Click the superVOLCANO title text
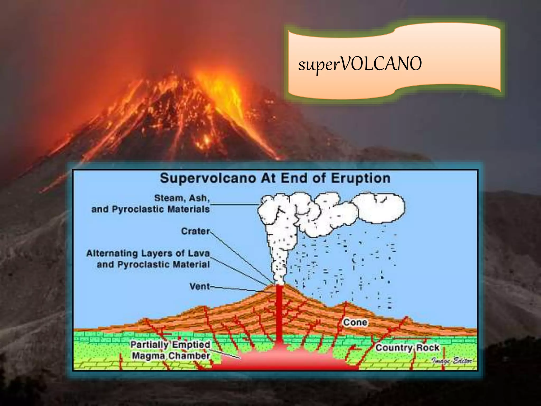point(360,64)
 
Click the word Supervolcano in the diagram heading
point(208,178)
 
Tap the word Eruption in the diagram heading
point(360,178)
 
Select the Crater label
point(195,231)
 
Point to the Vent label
point(200,286)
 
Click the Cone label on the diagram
point(355,322)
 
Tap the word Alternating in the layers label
point(112,253)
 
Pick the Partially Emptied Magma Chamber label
point(171,350)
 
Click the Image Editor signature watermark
point(452,361)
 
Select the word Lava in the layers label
point(199,253)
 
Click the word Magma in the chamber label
point(149,356)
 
